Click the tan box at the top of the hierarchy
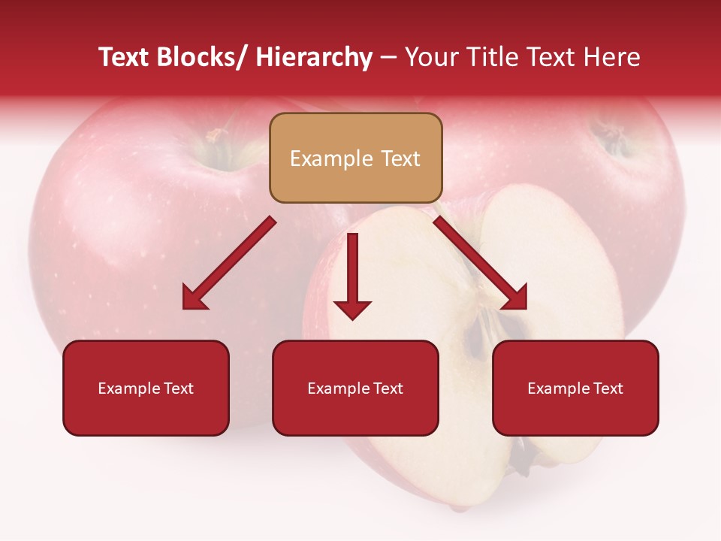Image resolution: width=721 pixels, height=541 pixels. [x=355, y=158]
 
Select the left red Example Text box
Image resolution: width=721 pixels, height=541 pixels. [x=146, y=388]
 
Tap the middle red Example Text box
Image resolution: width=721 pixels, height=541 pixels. [x=355, y=388]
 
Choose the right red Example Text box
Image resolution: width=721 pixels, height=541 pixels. [x=575, y=388]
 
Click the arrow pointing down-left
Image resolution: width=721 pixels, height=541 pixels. [x=225, y=266]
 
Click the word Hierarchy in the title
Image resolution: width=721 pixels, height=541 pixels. [x=314, y=58]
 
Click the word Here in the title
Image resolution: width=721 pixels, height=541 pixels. [x=610, y=58]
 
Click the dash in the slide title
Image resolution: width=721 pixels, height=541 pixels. [x=388, y=58]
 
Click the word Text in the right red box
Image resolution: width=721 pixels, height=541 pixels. [x=607, y=388]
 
